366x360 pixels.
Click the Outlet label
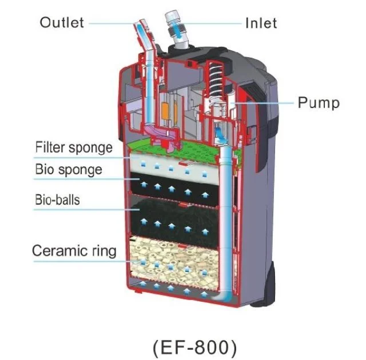pyautogui.click(x=62, y=23)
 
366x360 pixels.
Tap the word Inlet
pyautogui.click(x=261, y=23)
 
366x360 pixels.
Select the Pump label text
pyautogui.click(x=319, y=103)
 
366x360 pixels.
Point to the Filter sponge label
pyautogui.click(x=74, y=147)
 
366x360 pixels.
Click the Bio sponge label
pyautogui.click(x=69, y=169)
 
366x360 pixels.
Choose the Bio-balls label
pyautogui.click(x=57, y=200)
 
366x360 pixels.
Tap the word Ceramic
pyautogui.click(x=60, y=251)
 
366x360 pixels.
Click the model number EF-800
pyautogui.click(x=195, y=347)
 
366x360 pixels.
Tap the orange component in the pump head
pyautogui.click(x=165, y=110)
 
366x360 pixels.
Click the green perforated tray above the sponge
pyautogui.click(x=184, y=150)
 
